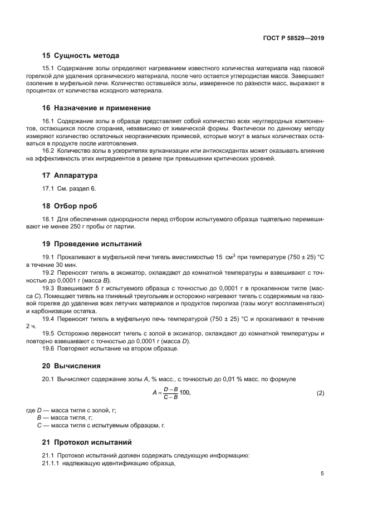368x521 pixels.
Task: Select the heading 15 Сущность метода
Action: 81,56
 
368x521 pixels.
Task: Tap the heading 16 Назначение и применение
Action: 96,108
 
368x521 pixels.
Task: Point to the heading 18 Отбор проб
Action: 72,205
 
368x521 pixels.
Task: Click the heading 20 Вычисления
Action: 71,366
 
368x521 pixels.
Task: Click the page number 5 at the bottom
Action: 322,474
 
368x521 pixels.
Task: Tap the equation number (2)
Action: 320,393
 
